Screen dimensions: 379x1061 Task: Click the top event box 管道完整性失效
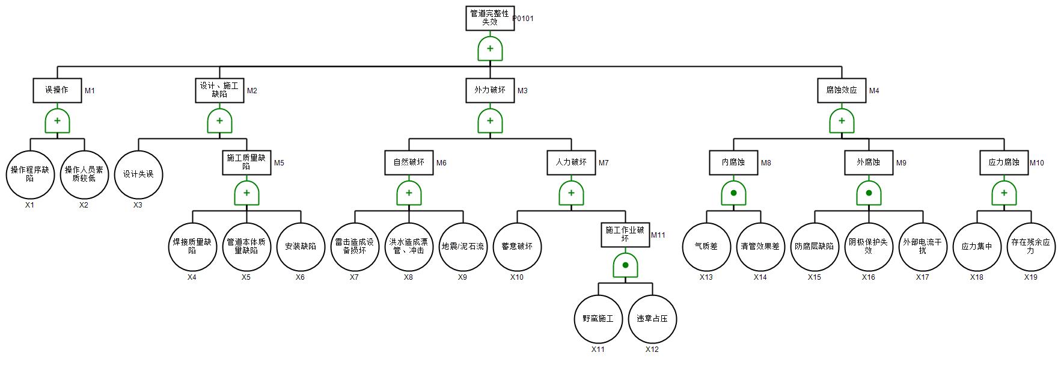[489, 18]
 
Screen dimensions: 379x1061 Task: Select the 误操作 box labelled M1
[57, 90]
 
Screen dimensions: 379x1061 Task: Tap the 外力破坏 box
[489, 90]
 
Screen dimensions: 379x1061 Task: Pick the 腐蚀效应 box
[841, 90]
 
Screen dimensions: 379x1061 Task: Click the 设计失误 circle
[138, 174]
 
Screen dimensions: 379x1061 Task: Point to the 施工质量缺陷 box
[246, 162]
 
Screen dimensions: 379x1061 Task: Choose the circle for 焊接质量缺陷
[192, 247]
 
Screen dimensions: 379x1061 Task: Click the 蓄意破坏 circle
[517, 247]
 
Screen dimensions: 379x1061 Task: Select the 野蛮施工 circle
[598, 319]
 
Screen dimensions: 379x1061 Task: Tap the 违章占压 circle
[652, 319]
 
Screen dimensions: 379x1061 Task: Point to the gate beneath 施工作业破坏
[625, 265]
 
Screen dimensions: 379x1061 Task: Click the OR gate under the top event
[490, 49]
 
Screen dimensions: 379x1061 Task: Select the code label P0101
[523, 19]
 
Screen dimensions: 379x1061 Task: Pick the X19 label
[1030, 277]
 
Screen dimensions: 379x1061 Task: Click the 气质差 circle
[706, 247]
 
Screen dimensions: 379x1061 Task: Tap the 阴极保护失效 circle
[869, 247]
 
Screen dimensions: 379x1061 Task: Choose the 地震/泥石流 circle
[463, 247]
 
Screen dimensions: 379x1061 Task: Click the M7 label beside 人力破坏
[604, 163]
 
